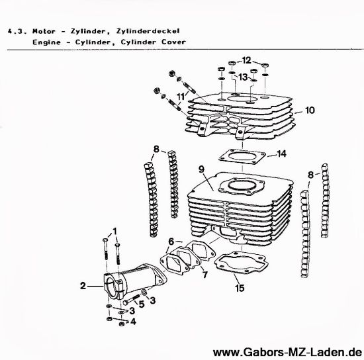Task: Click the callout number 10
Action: (x=310, y=111)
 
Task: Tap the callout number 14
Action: (x=281, y=154)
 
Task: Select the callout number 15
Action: (x=240, y=288)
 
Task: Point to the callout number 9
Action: (x=201, y=169)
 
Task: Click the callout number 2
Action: (x=83, y=286)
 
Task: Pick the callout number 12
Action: (x=247, y=61)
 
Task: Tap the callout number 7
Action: (x=205, y=275)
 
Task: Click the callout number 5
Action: (x=142, y=304)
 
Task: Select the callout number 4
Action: (x=133, y=322)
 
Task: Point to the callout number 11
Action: (x=181, y=97)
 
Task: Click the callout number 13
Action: (x=244, y=77)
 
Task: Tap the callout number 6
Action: (x=171, y=242)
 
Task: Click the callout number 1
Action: (x=114, y=231)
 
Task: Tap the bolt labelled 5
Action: (x=132, y=299)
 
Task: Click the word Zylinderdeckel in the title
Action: (x=148, y=31)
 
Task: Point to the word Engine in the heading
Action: (x=47, y=42)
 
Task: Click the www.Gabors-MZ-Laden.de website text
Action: (x=287, y=352)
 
